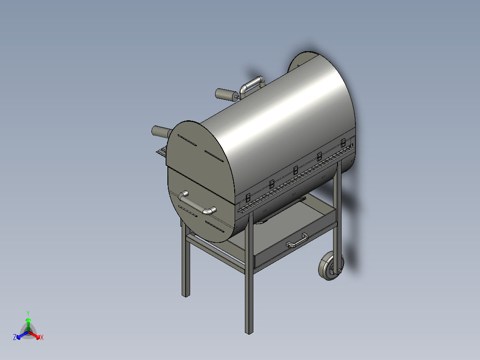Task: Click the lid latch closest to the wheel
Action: point(343,143)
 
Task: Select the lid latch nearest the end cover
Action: point(248,197)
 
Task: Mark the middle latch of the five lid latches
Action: point(296,169)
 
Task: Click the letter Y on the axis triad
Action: point(28,313)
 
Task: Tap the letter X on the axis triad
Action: point(42,338)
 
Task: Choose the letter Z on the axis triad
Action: point(15,338)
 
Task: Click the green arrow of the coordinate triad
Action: point(28,323)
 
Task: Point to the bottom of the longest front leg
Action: point(249,331)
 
